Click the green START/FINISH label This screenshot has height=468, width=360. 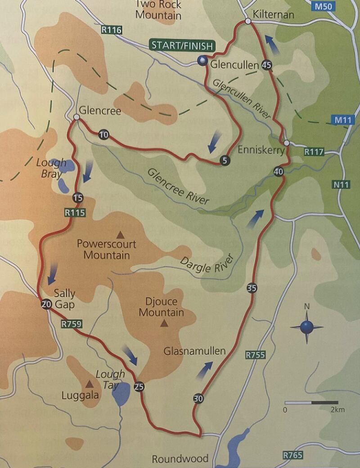(183, 45)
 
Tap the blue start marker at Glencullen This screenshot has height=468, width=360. (202, 62)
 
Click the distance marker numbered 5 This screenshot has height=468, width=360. (225, 160)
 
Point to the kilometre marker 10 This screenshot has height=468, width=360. (103, 135)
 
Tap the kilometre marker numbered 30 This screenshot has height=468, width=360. (198, 398)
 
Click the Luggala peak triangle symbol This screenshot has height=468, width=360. (90, 384)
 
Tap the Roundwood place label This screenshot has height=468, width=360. (180, 459)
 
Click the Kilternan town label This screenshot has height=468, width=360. (274, 15)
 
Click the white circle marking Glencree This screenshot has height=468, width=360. (76, 117)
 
